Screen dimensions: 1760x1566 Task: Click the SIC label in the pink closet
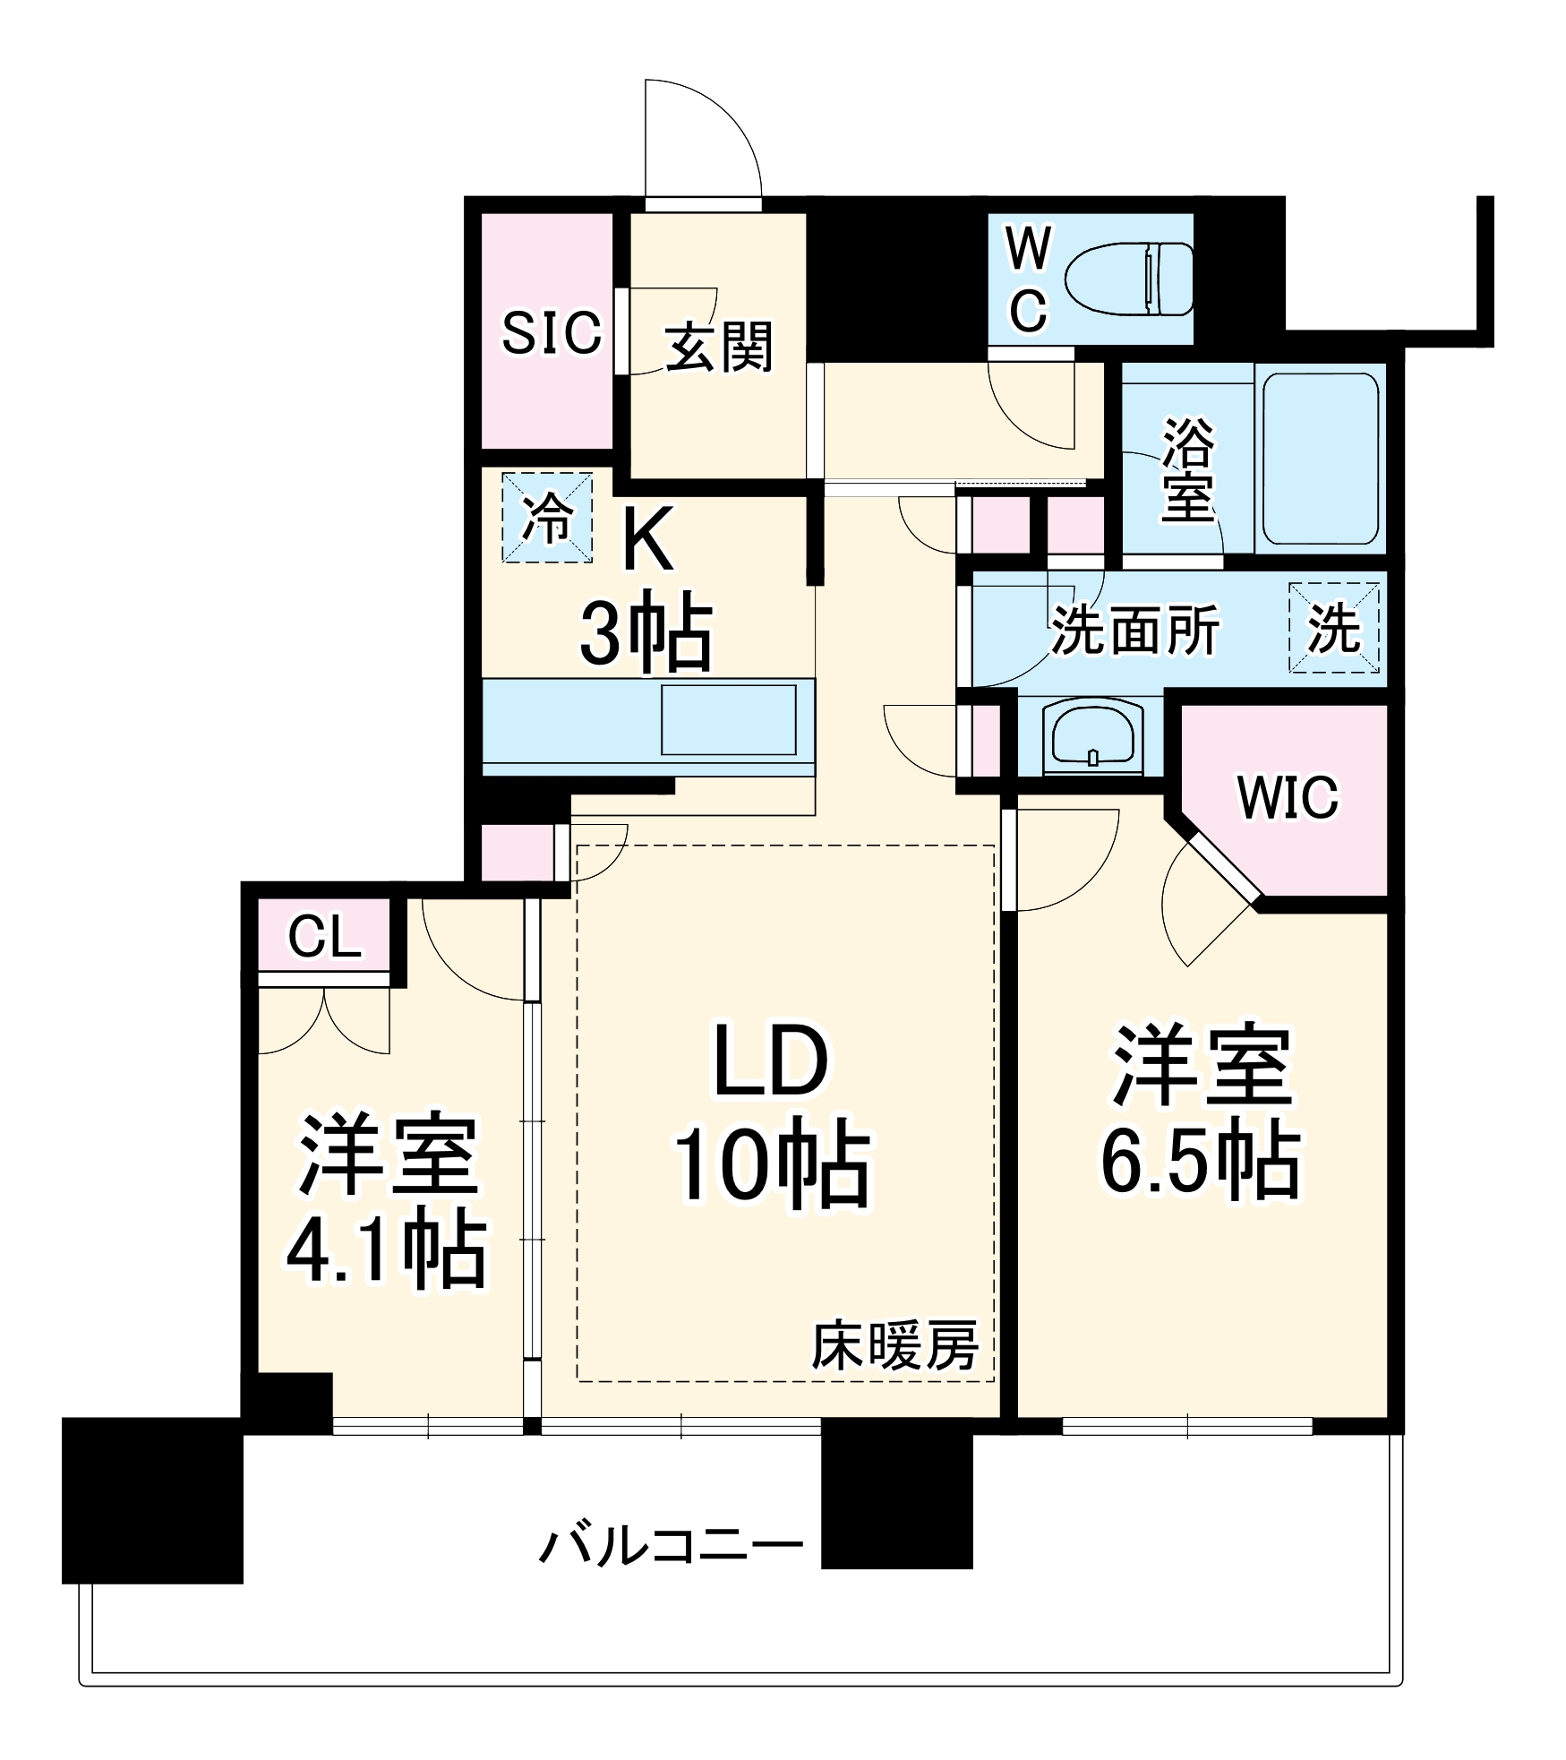551,333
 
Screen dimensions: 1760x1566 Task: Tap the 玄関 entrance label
718,348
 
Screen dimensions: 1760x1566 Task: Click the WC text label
1028,279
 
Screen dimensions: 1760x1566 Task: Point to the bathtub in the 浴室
1321,458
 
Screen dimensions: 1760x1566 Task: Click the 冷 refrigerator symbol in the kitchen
547,518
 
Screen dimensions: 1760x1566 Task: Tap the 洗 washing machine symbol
1333,628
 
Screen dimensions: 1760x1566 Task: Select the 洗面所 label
1134,631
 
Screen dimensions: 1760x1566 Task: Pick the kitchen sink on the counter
728,720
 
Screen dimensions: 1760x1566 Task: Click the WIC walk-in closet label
1288,796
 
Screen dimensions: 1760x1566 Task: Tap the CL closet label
324,937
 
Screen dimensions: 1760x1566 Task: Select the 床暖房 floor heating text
894,1345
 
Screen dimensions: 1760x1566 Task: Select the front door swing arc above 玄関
716,134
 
